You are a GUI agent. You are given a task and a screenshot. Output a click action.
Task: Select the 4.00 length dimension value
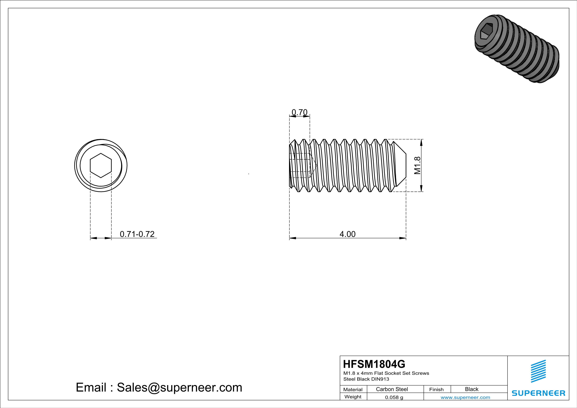pyautogui.click(x=347, y=234)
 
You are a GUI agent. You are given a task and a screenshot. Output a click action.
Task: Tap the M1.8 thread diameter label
pyautogui.click(x=417, y=165)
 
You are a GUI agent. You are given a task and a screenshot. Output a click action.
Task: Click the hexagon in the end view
pyautogui.click(x=101, y=166)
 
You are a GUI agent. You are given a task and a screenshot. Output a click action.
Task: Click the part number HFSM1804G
pyautogui.click(x=374, y=364)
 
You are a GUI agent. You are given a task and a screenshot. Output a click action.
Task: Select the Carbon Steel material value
pyautogui.click(x=392, y=389)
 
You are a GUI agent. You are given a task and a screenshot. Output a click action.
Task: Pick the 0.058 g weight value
pyautogui.click(x=394, y=397)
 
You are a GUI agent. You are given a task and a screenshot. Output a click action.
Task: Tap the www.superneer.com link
pyautogui.click(x=465, y=397)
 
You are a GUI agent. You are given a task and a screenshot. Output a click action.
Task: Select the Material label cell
pyautogui.click(x=353, y=389)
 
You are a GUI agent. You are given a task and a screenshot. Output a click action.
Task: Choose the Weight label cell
pyautogui.click(x=353, y=397)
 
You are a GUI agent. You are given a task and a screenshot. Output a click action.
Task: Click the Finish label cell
pyautogui.click(x=436, y=389)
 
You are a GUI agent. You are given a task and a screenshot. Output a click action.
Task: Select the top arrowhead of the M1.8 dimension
pyautogui.click(x=422, y=142)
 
